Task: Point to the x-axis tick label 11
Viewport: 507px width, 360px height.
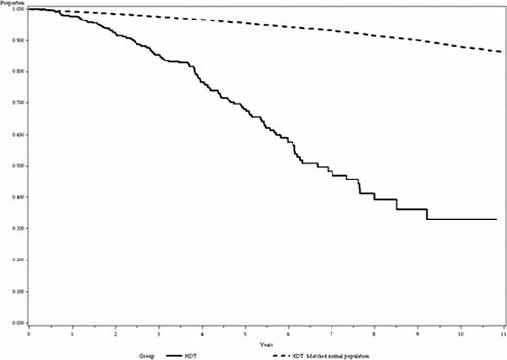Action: [x=503, y=334]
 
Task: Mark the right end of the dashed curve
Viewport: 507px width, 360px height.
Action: [x=503, y=51]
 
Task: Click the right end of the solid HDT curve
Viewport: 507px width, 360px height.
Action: [x=497, y=220]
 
